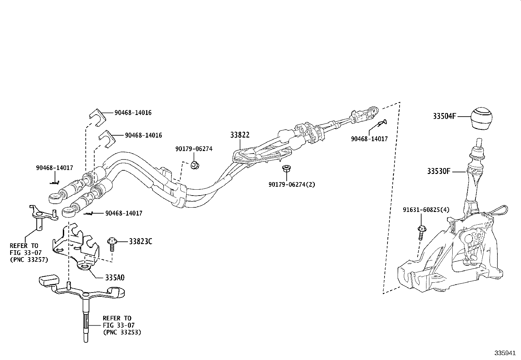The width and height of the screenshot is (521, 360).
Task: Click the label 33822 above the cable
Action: [x=240, y=135]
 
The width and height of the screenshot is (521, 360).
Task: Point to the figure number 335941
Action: [x=505, y=353]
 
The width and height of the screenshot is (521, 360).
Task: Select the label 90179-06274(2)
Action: [x=292, y=184]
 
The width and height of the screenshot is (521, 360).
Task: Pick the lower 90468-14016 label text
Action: [x=143, y=135]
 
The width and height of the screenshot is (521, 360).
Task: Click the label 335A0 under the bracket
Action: [x=115, y=278]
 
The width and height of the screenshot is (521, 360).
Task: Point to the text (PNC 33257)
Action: [x=29, y=260]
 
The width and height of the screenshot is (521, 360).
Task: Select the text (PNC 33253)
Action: [x=122, y=332]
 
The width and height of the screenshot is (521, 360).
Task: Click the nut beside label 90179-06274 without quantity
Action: [x=194, y=165]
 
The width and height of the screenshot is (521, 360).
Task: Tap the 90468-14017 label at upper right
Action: [x=369, y=139]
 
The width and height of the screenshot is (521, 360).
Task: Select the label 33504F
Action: [x=444, y=116]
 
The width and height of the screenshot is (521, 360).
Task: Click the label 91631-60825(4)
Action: [x=426, y=210]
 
